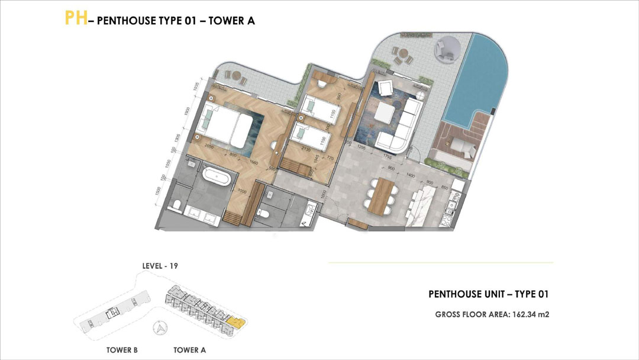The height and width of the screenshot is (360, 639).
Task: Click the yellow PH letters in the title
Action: click(x=76, y=18)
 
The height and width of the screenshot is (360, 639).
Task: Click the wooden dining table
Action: click(x=385, y=193)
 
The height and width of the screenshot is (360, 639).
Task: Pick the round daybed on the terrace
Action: click(x=447, y=50)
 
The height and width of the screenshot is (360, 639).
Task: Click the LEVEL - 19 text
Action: click(x=160, y=266)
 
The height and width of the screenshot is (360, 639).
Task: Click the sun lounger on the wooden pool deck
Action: click(x=462, y=147)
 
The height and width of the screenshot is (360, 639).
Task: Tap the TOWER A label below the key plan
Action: click(x=189, y=350)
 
